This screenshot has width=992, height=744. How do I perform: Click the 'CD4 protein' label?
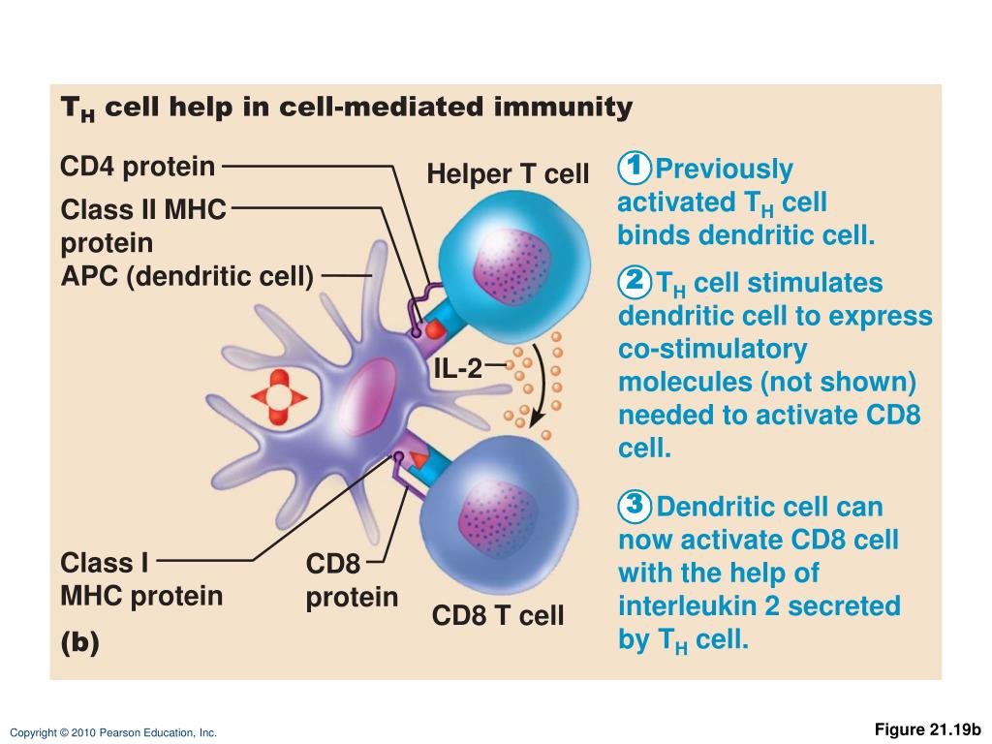(x=138, y=167)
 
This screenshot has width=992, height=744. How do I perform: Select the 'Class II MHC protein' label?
(x=142, y=225)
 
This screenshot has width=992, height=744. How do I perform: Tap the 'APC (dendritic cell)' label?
(x=187, y=276)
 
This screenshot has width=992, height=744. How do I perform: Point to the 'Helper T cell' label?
(x=508, y=174)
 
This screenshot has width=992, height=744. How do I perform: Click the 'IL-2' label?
(x=457, y=367)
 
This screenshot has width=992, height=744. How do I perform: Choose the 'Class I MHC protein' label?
(x=141, y=579)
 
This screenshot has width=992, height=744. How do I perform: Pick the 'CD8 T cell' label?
(x=498, y=615)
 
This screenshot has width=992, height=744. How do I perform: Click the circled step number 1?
(x=634, y=169)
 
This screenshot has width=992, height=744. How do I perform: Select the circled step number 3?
(x=634, y=506)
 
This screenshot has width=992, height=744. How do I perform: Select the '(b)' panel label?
(x=79, y=643)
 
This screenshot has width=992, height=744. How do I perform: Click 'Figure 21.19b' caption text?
(x=928, y=728)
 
